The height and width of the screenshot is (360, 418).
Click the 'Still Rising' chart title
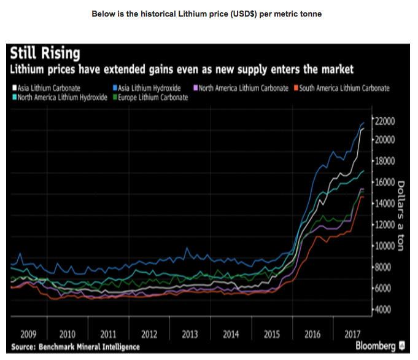[45, 53]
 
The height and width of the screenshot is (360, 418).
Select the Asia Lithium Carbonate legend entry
[48, 88]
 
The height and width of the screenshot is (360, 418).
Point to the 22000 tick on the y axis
[386, 119]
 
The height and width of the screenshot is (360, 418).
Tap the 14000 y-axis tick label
[386, 203]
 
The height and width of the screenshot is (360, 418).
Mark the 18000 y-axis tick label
[386, 161]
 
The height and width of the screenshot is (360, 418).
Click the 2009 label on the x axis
[29, 334]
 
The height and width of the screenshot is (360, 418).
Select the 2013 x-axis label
[190, 334]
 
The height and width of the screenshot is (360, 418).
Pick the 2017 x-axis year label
[352, 334]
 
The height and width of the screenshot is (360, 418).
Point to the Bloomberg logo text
[375, 346]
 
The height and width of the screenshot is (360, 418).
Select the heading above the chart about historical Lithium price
[206, 13]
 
